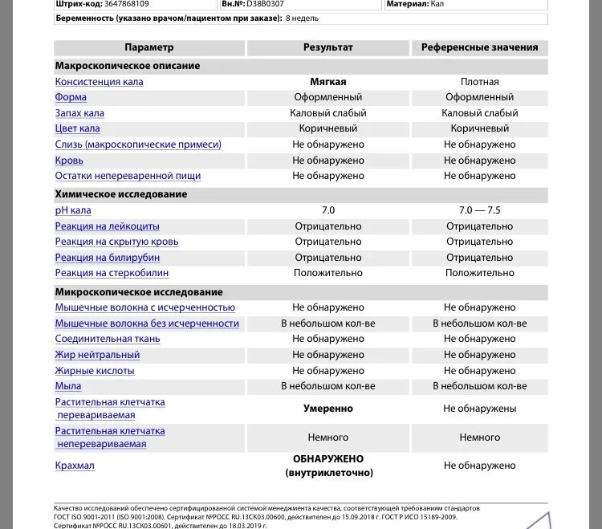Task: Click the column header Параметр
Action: point(148,48)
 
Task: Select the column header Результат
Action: point(327,48)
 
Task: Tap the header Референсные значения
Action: point(479,48)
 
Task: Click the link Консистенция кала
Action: point(100,82)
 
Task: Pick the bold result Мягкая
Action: point(327,82)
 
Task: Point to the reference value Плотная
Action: point(479,82)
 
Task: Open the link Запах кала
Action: point(79,113)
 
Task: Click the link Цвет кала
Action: point(77,128)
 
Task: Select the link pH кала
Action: point(73,210)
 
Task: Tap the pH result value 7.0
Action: point(327,210)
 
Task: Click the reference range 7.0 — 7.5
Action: point(479,210)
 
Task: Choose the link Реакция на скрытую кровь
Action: point(116,242)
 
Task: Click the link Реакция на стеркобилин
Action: point(112,273)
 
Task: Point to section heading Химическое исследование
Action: point(120,194)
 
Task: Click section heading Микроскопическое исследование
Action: point(138,292)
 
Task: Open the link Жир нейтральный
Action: point(95,355)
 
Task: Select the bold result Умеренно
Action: point(327,409)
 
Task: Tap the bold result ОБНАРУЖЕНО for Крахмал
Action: point(327,459)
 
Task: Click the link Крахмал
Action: point(75,466)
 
